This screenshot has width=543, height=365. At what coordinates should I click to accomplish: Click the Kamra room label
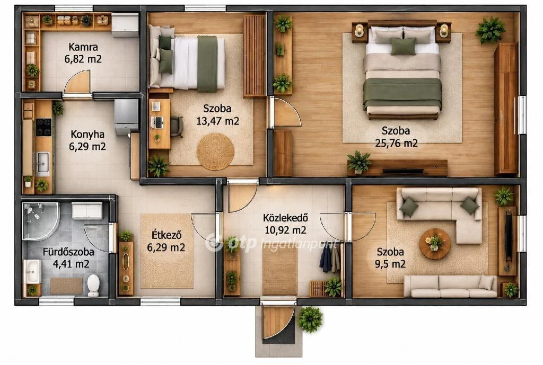click(x=83, y=47)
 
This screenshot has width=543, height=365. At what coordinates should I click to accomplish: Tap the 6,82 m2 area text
click(x=83, y=59)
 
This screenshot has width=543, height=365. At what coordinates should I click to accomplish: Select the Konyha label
click(x=87, y=134)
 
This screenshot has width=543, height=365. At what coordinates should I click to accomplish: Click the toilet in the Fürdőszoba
click(x=93, y=286)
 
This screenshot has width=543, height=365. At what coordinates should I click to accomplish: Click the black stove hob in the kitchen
click(x=43, y=127)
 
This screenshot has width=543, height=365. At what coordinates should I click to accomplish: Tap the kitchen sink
click(x=43, y=162)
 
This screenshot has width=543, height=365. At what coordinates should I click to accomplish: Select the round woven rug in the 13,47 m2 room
click(x=215, y=152)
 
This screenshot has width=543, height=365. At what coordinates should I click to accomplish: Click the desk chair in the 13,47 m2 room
click(x=177, y=126)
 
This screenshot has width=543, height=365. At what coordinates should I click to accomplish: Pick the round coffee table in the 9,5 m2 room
click(x=435, y=244)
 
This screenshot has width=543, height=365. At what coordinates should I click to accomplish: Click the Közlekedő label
click(x=285, y=218)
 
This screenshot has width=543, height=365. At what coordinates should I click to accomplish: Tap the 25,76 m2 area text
click(x=396, y=143)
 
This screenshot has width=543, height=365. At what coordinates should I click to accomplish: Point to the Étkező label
click(x=167, y=235)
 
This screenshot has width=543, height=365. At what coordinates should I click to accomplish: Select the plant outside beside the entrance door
click(x=310, y=319)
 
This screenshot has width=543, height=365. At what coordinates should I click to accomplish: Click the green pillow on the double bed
click(x=404, y=47)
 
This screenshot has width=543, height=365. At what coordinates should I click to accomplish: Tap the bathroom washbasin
click(x=32, y=271)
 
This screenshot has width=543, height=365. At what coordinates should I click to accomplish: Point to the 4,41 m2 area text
click(x=71, y=264)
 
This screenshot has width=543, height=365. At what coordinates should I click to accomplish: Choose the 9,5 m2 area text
click(x=390, y=264)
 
